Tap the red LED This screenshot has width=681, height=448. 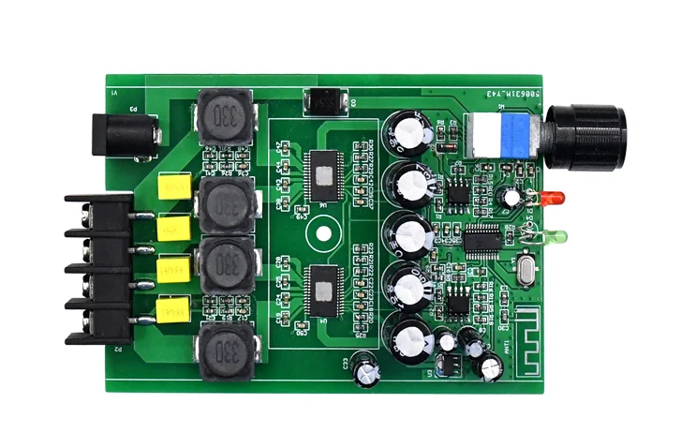[553, 199]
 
